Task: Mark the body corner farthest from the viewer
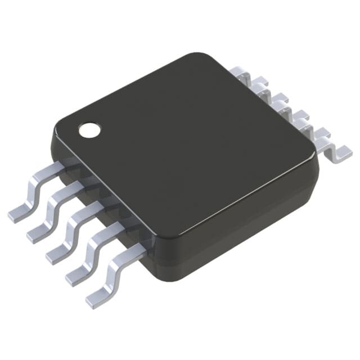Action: click(208, 59)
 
